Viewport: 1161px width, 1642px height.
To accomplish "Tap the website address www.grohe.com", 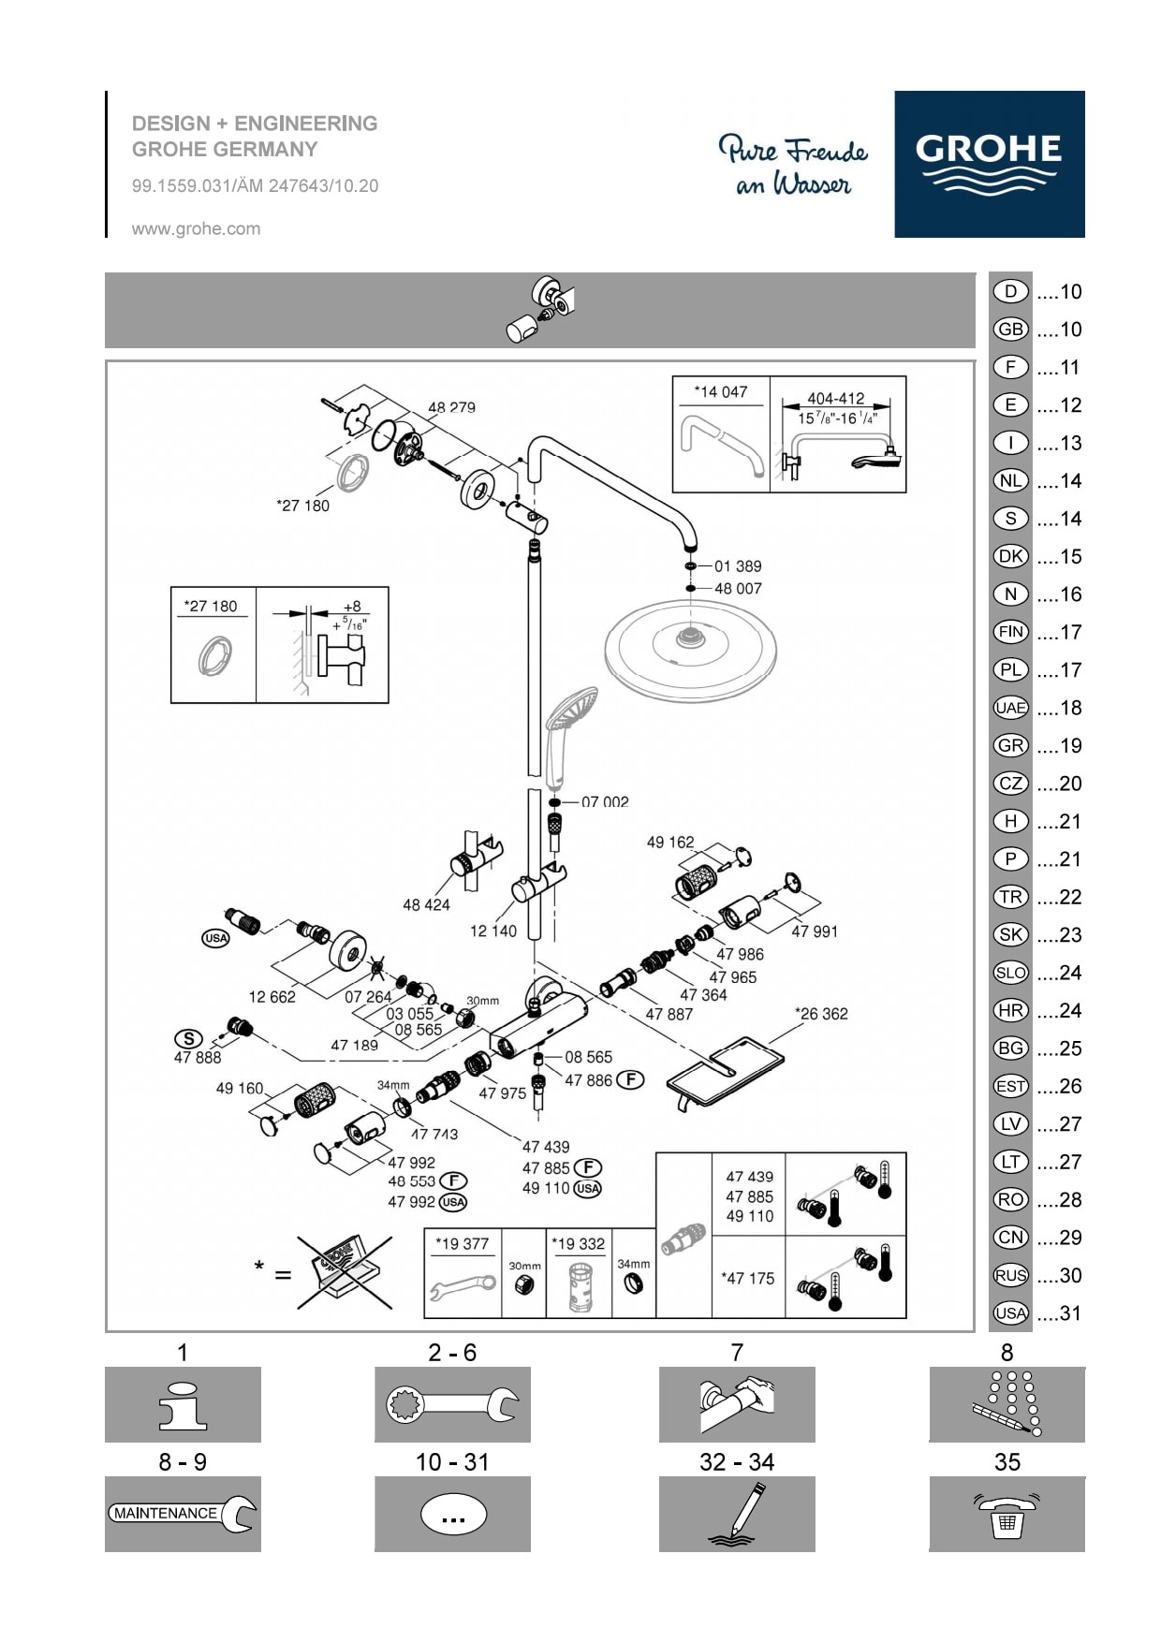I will (196, 228).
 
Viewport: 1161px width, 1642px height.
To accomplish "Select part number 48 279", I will (451, 407).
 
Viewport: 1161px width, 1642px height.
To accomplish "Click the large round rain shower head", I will (690, 648).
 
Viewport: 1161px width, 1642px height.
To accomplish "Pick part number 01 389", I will (738, 566).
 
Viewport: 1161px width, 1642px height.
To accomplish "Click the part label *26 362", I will (821, 1014).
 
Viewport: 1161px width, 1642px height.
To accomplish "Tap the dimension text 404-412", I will (836, 399).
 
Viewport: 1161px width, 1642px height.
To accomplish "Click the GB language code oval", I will (1010, 330).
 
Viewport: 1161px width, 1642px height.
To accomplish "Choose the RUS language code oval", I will (1010, 1275).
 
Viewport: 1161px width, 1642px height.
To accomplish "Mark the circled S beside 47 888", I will (188, 1038).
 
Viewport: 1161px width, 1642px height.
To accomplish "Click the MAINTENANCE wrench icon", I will (183, 1513).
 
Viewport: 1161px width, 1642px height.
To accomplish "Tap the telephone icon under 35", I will (1007, 1514).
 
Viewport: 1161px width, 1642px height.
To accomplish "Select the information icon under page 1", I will (183, 1404).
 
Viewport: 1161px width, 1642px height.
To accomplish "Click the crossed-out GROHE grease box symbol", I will (345, 1272).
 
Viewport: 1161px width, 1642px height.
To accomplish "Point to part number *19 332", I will (578, 1244).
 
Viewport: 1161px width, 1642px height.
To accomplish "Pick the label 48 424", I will (426, 905).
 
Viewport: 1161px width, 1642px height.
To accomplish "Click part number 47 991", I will (815, 931).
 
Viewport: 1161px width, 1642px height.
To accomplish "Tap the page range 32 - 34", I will (737, 1462).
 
